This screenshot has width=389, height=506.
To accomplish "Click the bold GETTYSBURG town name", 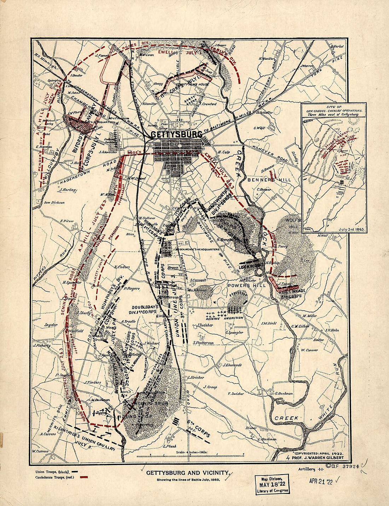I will pos(176,135).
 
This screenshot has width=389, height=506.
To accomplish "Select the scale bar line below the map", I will pos(190,456).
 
